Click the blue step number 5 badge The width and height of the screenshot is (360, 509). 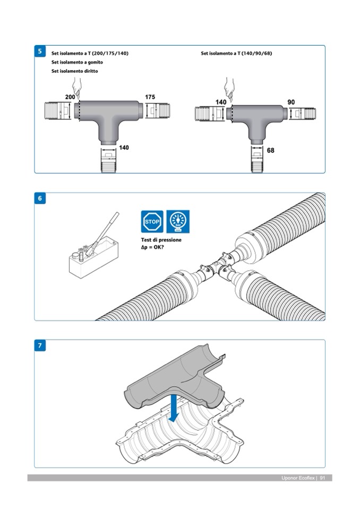point(40,51)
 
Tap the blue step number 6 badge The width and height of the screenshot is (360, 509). point(40,198)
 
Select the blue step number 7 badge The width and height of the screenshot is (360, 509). point(40,346)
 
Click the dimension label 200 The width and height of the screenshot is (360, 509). point(70,97)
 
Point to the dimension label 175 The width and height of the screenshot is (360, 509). point(150,97)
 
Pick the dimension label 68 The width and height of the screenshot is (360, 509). point(270,150)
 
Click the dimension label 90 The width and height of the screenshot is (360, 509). point(291,102)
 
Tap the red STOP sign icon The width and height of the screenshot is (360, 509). point(152,222)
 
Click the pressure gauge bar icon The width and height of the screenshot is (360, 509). point(178,222)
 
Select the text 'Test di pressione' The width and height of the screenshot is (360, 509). point(161,240)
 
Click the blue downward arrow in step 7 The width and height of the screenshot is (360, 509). point(174,408)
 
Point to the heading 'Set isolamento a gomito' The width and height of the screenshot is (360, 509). point(77,62)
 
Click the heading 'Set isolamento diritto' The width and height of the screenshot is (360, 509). point(74,71)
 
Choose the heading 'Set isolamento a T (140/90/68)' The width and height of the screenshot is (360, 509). point(236,53)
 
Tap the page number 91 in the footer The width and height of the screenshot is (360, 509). point(322,478)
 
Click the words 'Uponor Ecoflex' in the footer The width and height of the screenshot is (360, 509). point(298,478)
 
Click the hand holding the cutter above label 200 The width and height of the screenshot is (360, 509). point(76,88)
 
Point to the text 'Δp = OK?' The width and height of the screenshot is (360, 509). point(152,247)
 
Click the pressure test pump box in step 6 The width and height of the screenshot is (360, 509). point(93,256)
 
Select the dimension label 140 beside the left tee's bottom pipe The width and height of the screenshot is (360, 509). point(124,148)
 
